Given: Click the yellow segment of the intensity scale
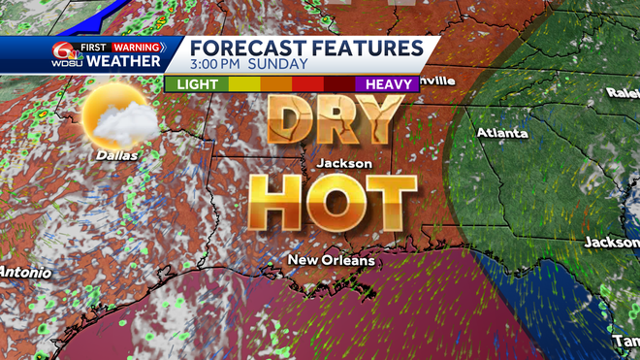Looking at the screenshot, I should coord(243,84).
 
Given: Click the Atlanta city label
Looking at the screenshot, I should coord(501,133).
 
